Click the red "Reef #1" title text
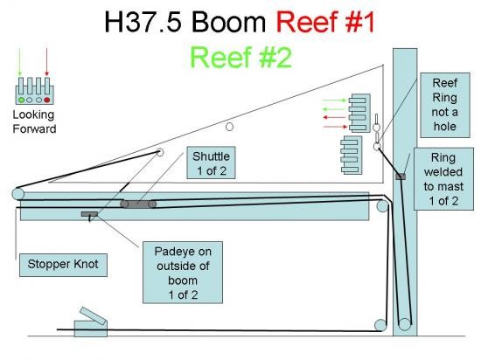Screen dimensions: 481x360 325,22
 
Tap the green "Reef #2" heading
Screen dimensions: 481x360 240,58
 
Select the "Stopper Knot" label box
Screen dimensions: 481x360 63,265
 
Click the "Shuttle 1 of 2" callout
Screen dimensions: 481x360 211,163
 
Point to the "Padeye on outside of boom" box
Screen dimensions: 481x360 183,273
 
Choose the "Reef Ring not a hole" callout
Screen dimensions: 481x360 445,105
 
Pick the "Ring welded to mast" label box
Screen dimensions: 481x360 443,179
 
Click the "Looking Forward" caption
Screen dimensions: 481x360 34,121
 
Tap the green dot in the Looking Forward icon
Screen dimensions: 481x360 22,100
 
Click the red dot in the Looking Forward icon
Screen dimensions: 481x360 47,100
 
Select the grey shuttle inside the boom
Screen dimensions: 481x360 138,204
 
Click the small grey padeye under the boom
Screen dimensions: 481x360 89,214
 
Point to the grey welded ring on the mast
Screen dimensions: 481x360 401,177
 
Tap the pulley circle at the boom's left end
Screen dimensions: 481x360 18,194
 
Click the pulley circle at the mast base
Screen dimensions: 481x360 405,324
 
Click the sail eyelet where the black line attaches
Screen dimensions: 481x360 160,152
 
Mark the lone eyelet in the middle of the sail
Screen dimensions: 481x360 229,127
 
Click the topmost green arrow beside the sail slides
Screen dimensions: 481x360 334,100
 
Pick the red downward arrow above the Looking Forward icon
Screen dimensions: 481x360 47,61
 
